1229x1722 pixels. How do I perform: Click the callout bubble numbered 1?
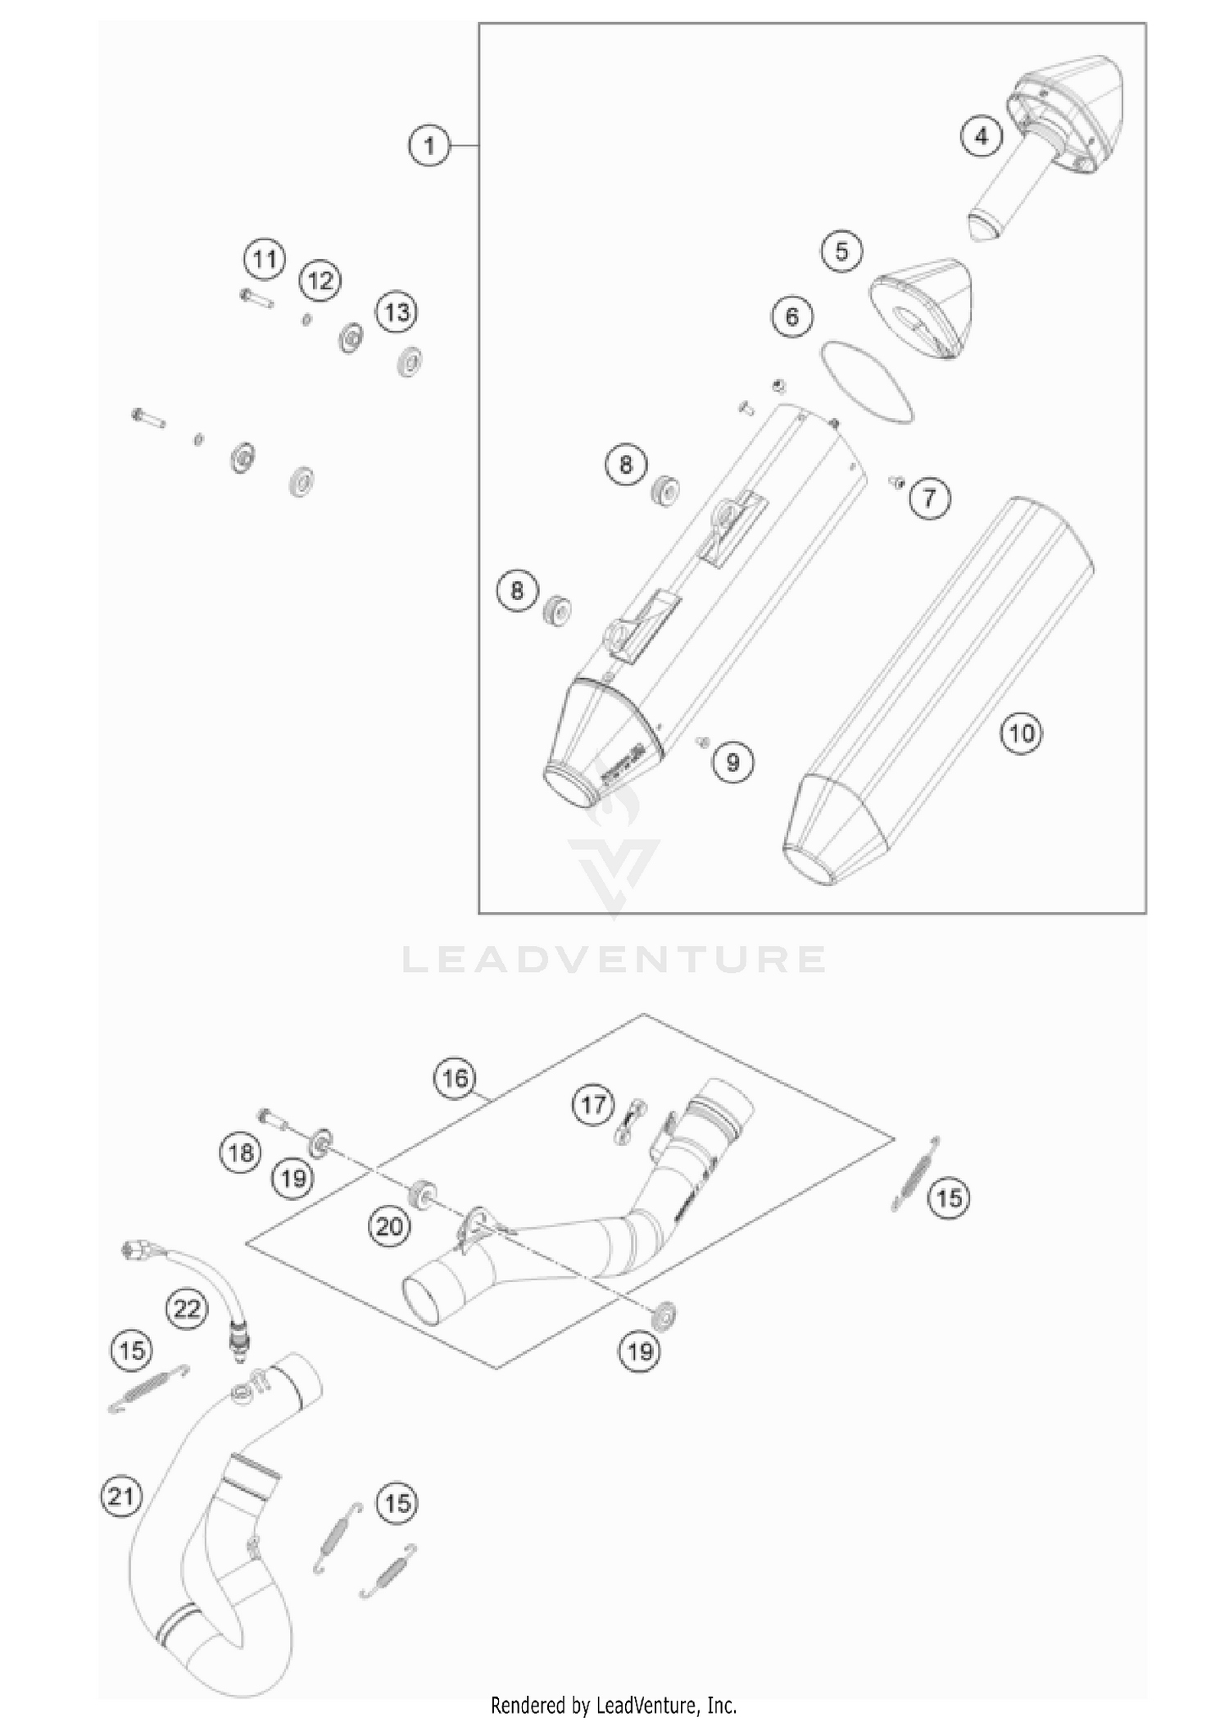429,146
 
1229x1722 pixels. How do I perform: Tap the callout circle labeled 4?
982,136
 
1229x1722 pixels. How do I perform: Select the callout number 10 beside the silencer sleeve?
1021,733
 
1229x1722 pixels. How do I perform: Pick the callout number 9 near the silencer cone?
732,763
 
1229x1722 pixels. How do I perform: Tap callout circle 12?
320,281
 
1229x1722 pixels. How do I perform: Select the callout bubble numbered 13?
397,312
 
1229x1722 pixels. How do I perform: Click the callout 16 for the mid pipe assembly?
456,1078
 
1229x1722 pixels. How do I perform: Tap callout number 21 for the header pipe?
120,1497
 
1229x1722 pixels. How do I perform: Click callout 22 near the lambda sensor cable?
186,1308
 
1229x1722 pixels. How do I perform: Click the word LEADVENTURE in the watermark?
614,959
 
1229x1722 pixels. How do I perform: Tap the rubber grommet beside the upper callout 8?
664,493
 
